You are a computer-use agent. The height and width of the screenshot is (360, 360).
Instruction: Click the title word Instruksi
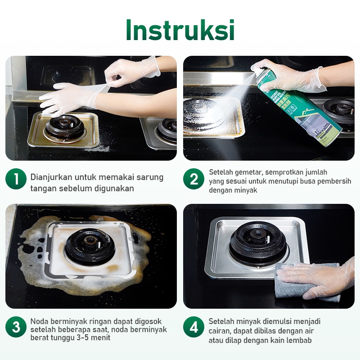180,30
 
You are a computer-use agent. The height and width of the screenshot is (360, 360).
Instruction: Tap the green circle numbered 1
16,179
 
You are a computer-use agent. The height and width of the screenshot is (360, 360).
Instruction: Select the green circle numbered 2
193,179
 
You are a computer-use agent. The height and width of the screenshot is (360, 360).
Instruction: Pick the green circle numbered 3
16,327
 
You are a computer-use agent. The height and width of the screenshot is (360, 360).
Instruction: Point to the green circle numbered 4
193,327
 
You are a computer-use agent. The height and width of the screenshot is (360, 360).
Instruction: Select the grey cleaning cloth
306,283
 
